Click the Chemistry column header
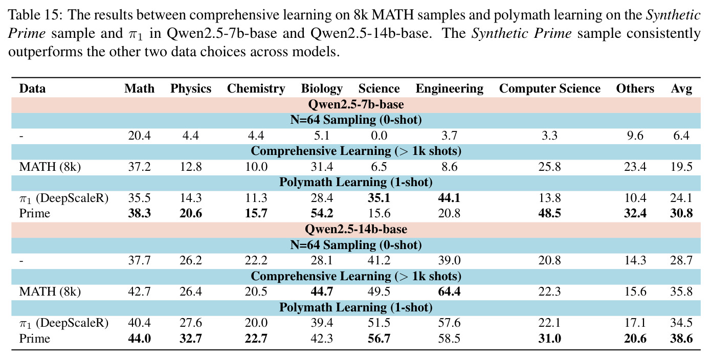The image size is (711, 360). click(x=256, y=88)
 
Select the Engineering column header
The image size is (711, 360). click(x=449, y=89)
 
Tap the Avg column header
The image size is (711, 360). click(x=681, y=89)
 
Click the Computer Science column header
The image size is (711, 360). click(x=549, y=88)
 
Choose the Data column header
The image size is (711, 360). click(x=32, y=88)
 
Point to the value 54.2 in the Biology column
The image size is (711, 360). click(x=322, y=213)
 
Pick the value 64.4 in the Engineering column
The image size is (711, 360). click(x=449, y=291)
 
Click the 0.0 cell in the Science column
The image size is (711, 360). click(x=379, y=136)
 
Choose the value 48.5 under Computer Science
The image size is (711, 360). click(x=549, y=213)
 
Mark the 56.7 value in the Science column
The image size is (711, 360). click(x=379, y=339)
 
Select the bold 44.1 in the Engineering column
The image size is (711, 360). click(x=449, y=198)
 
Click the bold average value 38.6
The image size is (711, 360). click(x=681, y=339)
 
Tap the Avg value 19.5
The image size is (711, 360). click(x=681, y=167)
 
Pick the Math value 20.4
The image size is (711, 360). click(x=139, y=136)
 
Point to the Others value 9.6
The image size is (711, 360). click(x=635, y=136)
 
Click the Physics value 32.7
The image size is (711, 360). click(x=190, y=339)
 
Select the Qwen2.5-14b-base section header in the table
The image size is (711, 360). click(x=356, y=229)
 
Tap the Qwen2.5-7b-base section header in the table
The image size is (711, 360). click(x=356, y=104)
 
